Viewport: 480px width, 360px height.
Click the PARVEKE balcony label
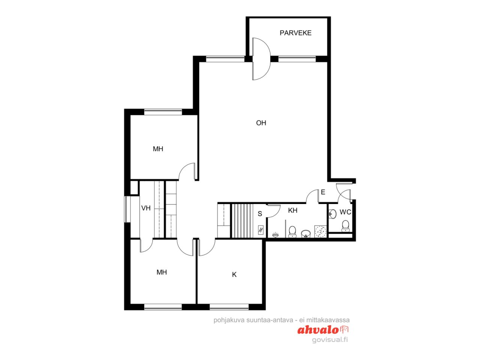[x=295, y=33]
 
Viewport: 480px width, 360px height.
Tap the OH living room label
[x=261, y=123]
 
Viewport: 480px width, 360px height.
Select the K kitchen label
[x=234, y=275]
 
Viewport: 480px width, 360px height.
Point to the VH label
[x=146, y=208]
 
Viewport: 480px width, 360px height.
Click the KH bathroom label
[x=292, y=210]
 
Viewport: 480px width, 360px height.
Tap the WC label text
[x=345, y=212]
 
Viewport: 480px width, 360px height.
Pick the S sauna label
[x=260, y=214]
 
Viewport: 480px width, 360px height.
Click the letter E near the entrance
[x=323, y=192]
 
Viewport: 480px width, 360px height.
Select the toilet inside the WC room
[x=345, y=226]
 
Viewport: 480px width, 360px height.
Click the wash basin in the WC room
[x=333, y=213]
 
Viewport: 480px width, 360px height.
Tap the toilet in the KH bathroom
[x=292, y=232]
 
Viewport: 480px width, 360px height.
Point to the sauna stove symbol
[x=261, y=230]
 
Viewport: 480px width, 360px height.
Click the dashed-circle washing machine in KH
[x=320, y=231]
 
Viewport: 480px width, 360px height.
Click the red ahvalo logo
[x=323, y=330]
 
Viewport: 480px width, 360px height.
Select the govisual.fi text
[x=330, y=340]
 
